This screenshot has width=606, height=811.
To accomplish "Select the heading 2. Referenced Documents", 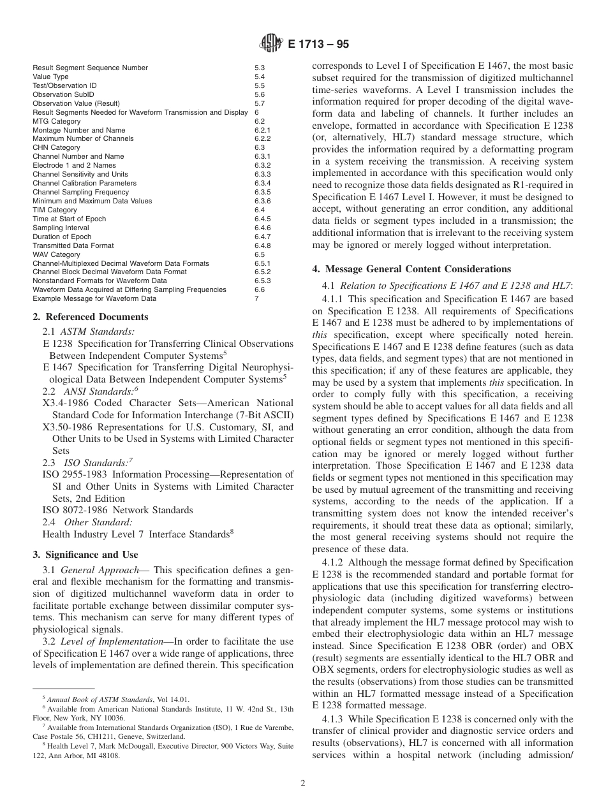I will (x=91, y=317).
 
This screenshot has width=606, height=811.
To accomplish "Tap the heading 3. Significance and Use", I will (x=85, y=555).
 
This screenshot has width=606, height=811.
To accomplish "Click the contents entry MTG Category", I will (x=57, y=121).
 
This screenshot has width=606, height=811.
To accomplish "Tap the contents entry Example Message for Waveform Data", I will (x=94, y=298).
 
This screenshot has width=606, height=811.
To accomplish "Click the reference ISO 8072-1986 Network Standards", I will (x=117, y=510).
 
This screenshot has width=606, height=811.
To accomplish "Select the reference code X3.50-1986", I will (x=69, y=427).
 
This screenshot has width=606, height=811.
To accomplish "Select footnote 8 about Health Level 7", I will (x=163, y=746).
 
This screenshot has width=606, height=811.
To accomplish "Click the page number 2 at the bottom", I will (x=303, y=784).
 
